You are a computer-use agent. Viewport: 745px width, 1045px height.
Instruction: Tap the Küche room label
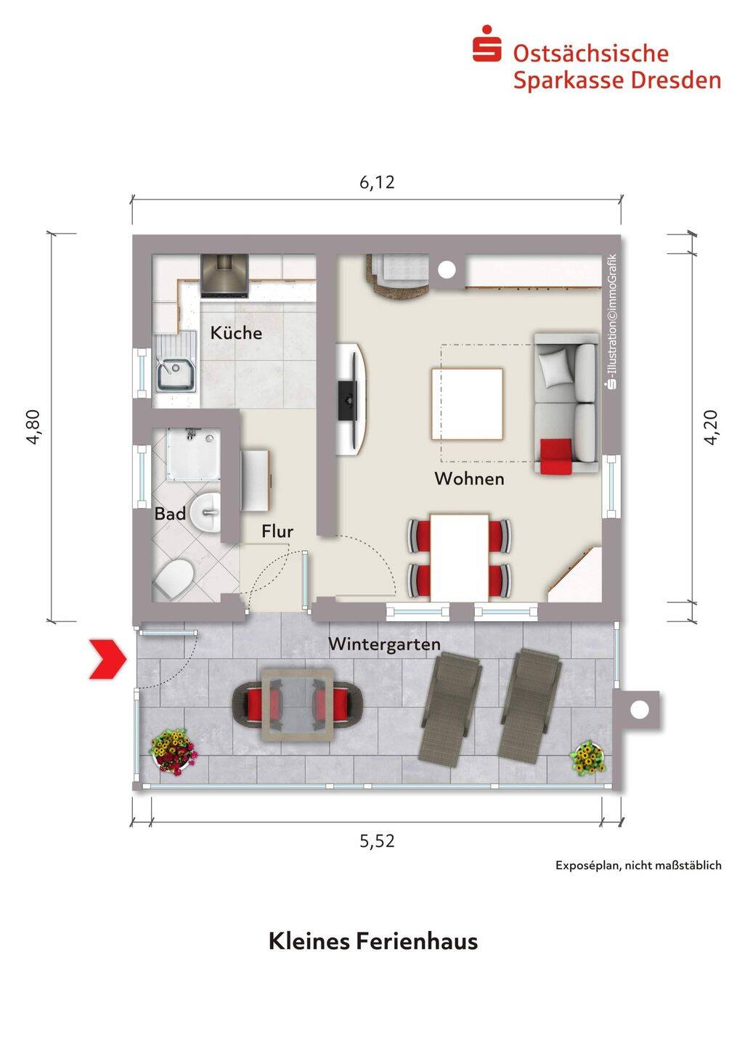coord(236,333)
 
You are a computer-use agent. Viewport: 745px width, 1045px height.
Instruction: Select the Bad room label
coord(170,514)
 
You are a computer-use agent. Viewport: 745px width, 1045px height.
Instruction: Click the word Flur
coord(277,531)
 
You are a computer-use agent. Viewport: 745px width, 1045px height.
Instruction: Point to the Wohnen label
coord(469,479)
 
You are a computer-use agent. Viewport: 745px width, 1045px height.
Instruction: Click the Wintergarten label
coord(384,644)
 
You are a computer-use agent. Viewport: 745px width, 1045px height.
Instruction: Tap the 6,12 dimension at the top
coord(377,182)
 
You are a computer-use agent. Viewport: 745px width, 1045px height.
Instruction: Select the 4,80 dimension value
coord(34,427)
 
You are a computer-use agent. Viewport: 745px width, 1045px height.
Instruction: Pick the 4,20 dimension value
coord(710,427)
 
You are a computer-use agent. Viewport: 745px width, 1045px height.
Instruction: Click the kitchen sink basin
coord(174,374)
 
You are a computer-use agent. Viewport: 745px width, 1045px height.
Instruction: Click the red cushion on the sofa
coord(556,456)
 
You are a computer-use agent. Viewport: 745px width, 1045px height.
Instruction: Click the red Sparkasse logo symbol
coord(487,44)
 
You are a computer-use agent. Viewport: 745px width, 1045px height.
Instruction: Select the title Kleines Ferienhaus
coord(373,940)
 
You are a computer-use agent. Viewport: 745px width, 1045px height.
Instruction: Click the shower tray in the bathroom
coord(193,453)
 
